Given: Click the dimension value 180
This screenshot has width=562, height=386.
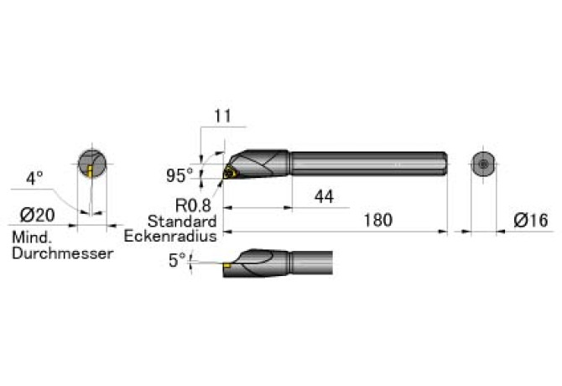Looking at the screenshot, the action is point(378,220).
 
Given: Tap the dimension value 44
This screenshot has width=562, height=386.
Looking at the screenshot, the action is point(324,196).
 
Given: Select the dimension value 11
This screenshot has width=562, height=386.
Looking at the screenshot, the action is point(222,116).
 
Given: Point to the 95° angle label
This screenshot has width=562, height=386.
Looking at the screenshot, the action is point(180,175).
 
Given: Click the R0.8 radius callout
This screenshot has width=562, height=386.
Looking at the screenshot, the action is point(193,206).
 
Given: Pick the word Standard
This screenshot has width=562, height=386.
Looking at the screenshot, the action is point(182,222).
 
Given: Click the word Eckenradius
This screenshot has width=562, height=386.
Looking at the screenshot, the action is point(170,236).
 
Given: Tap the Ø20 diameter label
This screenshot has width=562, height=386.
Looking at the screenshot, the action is point(38,215).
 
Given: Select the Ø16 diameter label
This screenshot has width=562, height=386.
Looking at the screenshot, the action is point(531,220).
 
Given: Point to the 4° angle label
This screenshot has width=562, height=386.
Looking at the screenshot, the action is point(34,178).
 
